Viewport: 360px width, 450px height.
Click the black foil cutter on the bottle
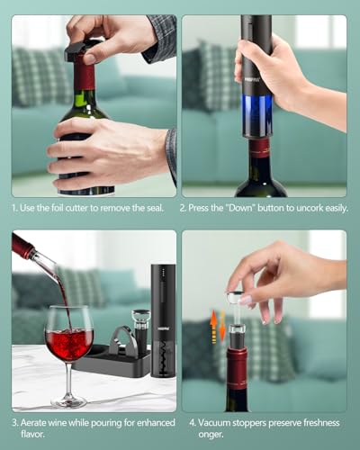83,50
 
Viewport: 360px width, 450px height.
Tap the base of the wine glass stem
68,401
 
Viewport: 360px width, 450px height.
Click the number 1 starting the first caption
14,207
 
